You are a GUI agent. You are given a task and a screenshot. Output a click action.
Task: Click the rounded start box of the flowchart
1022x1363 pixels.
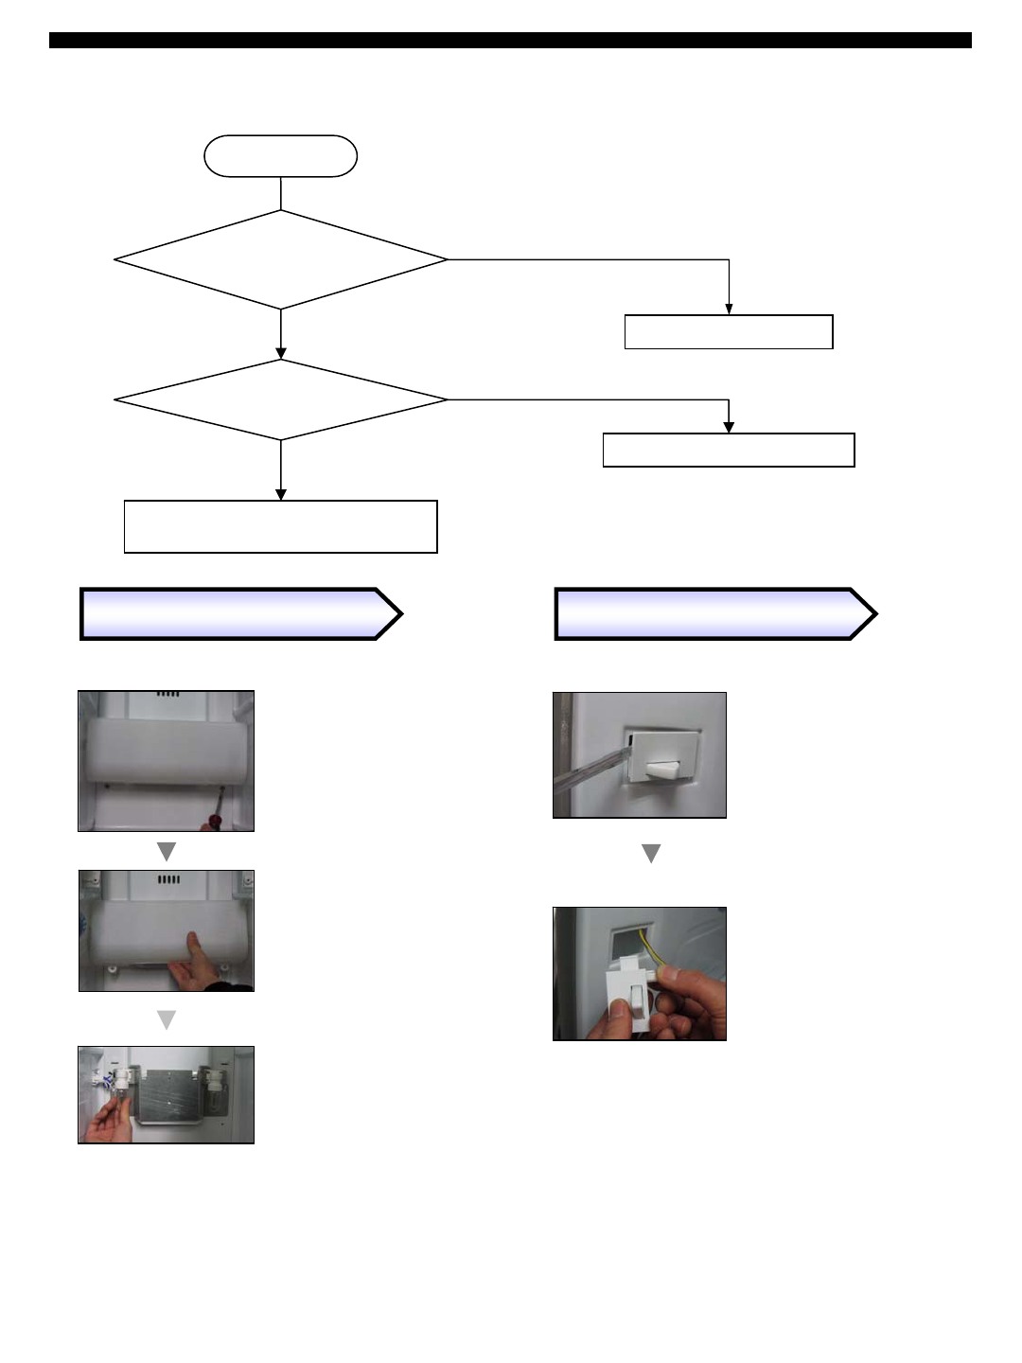[x=280, y=156]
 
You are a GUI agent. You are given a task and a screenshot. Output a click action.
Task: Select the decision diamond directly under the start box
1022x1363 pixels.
[x=280, y=259]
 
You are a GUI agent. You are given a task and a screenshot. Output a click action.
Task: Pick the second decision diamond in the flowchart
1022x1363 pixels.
[x=280, y=399]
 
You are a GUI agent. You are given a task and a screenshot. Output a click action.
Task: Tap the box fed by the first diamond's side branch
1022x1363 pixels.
[x=729, y=332]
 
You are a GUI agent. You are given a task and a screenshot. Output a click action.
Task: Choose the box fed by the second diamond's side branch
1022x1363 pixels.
[x=729, y=450]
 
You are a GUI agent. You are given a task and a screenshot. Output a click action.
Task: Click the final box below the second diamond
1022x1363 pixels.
[x=280, y=526]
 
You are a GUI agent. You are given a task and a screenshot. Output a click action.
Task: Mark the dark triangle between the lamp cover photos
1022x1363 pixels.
[x=167, y=852]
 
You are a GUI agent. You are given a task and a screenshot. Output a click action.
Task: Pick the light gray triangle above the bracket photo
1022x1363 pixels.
[x=167, y=1019]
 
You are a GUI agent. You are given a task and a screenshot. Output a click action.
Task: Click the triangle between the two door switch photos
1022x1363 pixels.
[x=651, y=854]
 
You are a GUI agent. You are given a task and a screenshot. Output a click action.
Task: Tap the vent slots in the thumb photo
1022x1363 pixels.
[x=167, y=879]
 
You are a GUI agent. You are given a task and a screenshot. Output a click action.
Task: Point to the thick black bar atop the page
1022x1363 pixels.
[x=510, y=41]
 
